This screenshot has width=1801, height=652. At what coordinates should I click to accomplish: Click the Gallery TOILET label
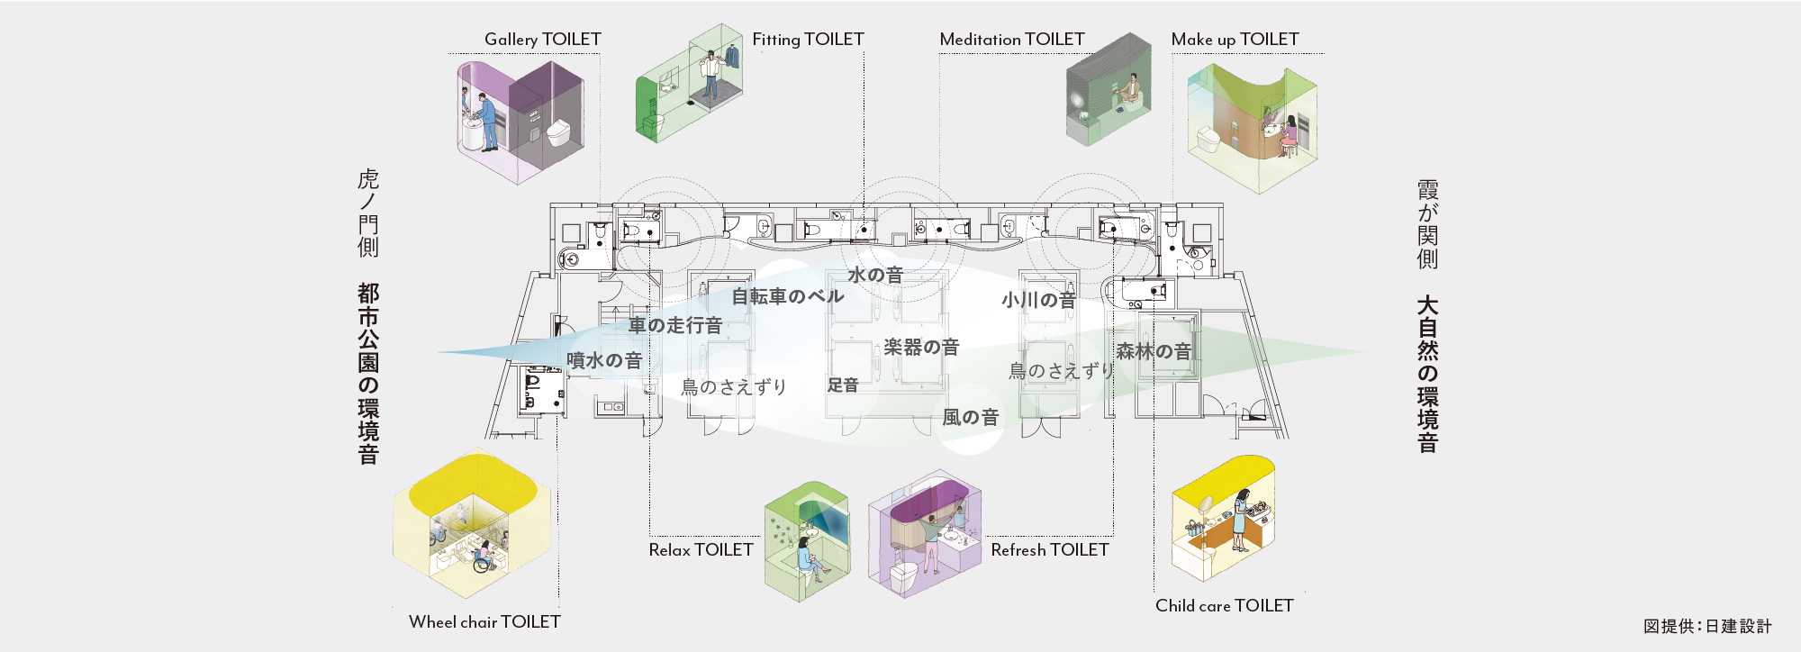(x=542, y=40)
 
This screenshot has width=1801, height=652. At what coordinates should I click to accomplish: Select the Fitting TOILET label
(x=808, y=40)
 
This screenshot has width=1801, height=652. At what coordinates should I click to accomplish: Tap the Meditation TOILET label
(x=1011, y=40)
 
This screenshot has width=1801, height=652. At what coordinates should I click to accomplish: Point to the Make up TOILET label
(x=1235, y=40)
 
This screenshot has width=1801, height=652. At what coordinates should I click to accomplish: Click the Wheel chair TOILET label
(x=484, y=622)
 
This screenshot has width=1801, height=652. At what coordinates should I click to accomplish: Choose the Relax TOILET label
(x=701, y=550)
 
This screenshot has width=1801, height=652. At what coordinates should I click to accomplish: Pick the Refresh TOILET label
(x=1050, y=550)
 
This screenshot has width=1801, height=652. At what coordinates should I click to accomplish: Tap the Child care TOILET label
(x=1224, y=606)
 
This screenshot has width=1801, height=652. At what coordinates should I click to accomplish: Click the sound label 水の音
(x=875, y=275)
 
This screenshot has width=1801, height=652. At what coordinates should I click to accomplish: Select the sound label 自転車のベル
(x=787, y=296)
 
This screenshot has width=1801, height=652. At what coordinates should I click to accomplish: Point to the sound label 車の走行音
(x=675, y=325)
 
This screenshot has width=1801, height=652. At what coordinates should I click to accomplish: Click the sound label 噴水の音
(x=604, y=360)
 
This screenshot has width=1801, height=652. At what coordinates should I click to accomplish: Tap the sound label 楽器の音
(x=921, y=347)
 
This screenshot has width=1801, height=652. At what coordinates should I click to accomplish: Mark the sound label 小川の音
(x=1038, y=300)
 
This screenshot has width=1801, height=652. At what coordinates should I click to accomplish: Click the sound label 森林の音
(x=1154, y=351)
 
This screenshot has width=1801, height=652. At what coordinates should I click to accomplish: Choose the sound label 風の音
(x=971, y=417)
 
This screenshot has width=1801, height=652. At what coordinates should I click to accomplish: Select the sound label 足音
(x=843, y=385)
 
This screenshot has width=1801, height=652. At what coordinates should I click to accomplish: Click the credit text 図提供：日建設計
(x=1707, y=626)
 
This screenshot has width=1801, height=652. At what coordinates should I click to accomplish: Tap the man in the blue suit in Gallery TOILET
(x=486, y=122)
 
